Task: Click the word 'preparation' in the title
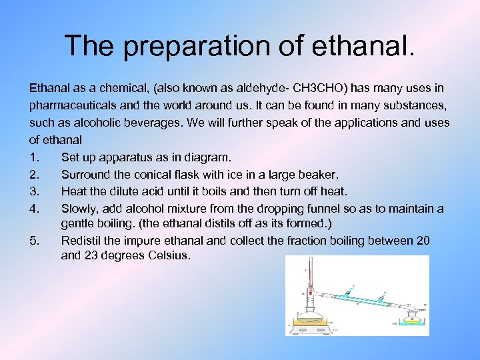(181, 47)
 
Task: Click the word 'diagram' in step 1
(207, 157)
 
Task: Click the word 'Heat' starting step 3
(74, 192)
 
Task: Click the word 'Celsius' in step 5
(167, 255)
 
